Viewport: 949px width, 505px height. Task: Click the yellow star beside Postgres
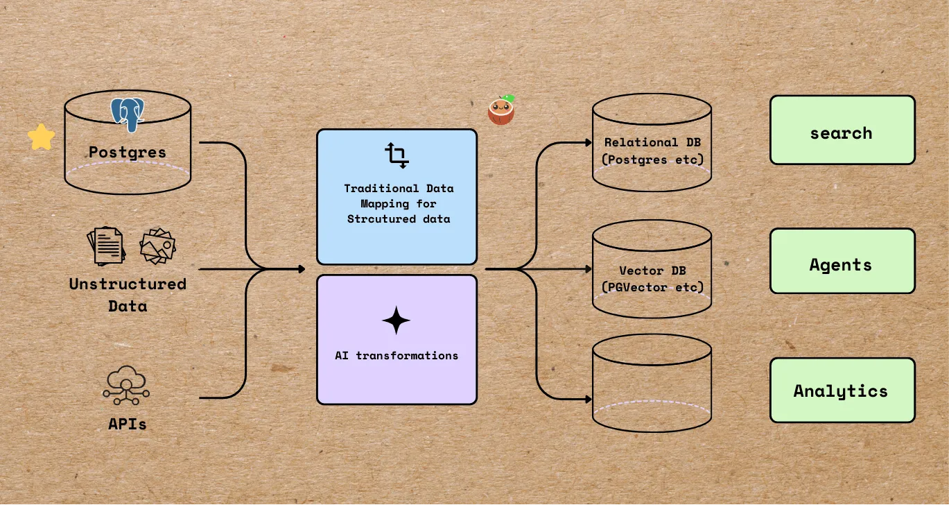point(41,137)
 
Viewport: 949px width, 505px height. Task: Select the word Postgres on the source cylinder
point(128,152)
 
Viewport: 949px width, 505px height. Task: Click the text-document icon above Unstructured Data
point(106,246)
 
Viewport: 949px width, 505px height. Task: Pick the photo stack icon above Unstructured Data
point(157,246)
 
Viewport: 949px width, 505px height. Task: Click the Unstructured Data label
point(128,294)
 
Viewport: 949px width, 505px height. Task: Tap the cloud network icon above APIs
point(126,386)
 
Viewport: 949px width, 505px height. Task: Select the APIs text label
point(128,423)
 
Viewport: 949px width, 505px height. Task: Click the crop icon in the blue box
point(397,155)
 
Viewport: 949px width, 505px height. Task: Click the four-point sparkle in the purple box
point(396,320)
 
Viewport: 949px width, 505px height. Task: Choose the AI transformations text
point(397,355)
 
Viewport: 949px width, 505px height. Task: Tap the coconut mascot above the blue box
point(501,110)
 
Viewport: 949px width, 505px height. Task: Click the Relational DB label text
point(652,142)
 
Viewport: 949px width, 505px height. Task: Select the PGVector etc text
point(652,286)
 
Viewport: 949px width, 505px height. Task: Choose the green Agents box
point(842,262)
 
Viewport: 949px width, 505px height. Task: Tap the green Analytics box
point(842,391)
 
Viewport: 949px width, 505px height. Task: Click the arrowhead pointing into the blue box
point(301,268)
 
